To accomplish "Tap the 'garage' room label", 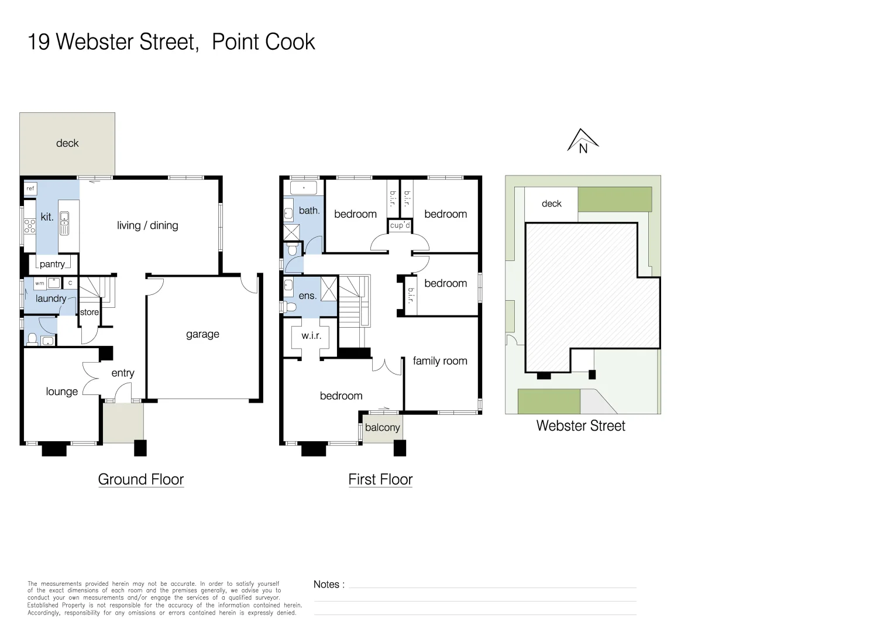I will (202, 334).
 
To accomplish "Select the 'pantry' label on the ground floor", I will (52, 265).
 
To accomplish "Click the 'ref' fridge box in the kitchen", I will (30, 188).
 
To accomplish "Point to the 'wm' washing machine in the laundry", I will (39, 283).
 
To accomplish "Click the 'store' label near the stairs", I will (90, 312).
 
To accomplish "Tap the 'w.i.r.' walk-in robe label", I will (311, 336).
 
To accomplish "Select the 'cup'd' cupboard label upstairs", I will (400, 225).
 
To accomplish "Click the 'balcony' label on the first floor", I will (382, 428).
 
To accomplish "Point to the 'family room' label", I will (440, 361).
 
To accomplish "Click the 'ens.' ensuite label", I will (307, 296).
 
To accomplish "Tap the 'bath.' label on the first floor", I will (309, 211).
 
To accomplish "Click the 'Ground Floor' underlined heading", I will (140, 480).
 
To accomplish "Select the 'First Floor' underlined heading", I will (380, 480).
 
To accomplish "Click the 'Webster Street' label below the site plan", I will (580, 426).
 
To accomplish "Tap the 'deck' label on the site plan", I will (551, 204).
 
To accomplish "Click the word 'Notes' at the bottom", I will (326, 585).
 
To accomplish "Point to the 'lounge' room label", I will (61, 392).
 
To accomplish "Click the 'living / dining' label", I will (147, 226).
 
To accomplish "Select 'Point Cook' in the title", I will (263, 42).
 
